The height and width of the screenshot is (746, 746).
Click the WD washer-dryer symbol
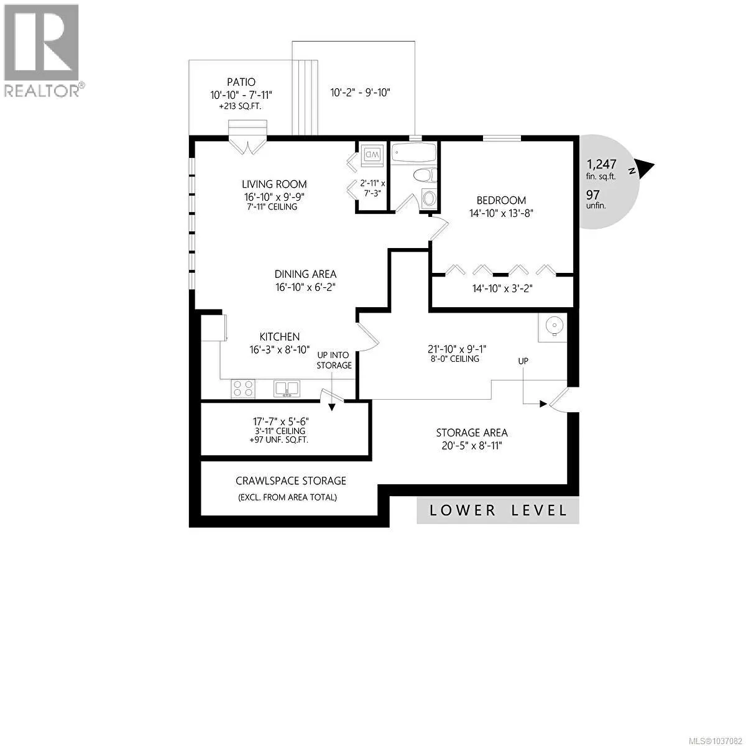click(x=372, y=155)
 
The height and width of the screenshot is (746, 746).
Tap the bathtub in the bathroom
click(x=414, y=154)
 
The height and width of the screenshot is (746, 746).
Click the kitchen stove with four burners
click(x=244, y=389)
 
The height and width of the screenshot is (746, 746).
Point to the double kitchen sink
click(x=287, y=389)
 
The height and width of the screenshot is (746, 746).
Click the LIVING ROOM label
click(x=274, y=184)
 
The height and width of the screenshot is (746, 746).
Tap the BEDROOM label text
click(x=501, y=200)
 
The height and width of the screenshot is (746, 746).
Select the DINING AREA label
click(x=305, y=274)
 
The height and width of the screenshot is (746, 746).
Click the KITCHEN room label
click(x=280, y=336)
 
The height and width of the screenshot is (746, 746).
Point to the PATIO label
click(x=241, y=82)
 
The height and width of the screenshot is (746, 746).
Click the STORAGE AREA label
click(x=472, y=433)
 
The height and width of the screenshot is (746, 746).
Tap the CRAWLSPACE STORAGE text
click(x=291, y=481)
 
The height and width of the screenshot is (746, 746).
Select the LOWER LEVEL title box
click(x=498, y=510)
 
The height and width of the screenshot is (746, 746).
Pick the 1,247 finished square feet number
click(x=601, y=164)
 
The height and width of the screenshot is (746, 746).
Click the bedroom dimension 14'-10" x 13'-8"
click(x=501, y=213)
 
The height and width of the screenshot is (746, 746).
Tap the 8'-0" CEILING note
click(x=454, y=359)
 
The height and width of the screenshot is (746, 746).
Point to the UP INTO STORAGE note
click(x=334, y=360)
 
